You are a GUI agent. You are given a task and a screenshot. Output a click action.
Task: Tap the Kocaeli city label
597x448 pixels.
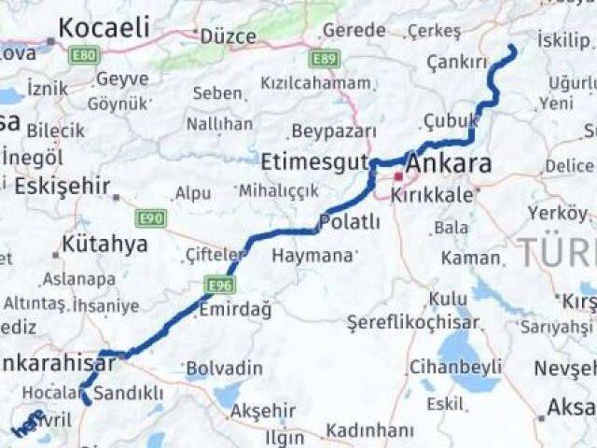104,28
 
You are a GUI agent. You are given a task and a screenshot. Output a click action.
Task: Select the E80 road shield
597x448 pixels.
83,56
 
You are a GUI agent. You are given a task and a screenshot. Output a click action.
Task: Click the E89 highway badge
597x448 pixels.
325,60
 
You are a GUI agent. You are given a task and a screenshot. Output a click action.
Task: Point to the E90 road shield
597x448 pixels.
150,218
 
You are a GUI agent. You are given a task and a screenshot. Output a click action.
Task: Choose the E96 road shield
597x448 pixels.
220,284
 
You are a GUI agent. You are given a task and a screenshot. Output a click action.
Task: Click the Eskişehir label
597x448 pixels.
62,186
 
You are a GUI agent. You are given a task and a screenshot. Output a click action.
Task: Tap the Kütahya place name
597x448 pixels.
104,245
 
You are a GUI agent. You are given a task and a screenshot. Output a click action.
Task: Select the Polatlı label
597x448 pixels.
349,222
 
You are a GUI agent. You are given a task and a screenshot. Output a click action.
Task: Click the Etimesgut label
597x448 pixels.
314,161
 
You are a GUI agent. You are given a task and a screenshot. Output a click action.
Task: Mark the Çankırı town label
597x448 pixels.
457,63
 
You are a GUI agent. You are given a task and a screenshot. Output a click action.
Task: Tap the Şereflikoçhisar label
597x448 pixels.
412,323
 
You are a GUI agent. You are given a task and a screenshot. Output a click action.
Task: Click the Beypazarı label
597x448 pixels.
334,131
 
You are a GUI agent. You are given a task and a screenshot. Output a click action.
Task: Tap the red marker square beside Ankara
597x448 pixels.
398,175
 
